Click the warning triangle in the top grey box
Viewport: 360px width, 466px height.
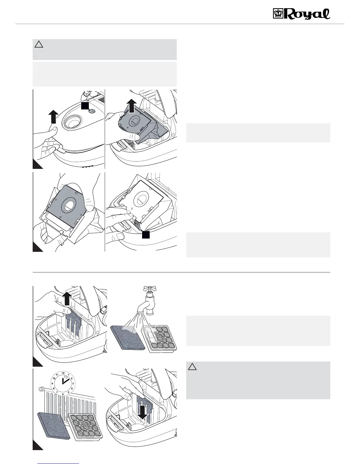click(39, 44)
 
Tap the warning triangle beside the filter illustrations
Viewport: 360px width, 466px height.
click(192, 367)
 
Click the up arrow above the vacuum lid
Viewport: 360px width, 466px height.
click(53, 116)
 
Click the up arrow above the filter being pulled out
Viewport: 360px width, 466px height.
click(67, 299)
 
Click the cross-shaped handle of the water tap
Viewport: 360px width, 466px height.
click(150, 289)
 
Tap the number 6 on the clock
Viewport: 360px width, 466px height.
click(63, 392)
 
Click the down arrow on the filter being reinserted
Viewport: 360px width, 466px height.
click(143, 414)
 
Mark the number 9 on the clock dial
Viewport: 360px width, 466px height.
click(53, 383)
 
